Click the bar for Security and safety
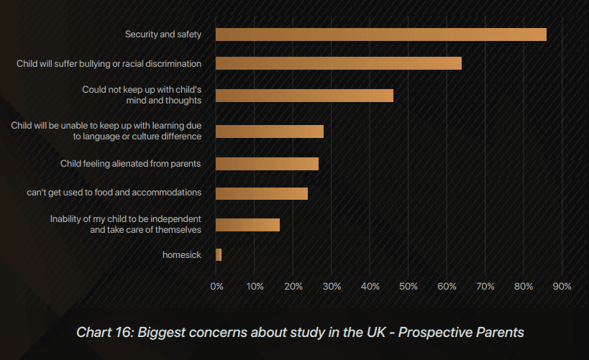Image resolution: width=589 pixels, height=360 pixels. point(380,34)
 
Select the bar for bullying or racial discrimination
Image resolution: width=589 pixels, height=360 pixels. point(338,63)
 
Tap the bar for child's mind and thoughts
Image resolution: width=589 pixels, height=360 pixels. point(304,96)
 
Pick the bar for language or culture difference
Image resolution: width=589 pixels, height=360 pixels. point(270,131)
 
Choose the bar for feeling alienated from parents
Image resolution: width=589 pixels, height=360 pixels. point(267,164)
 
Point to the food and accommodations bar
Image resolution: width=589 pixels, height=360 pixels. point(262,193)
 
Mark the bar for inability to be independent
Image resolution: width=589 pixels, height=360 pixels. point(247,225)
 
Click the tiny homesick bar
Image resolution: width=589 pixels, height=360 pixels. point(219,254)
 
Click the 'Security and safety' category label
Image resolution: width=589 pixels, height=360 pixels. point(163,34)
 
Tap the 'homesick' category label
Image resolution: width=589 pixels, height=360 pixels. point(182,255)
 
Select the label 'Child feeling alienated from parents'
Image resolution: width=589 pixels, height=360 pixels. point(130,164)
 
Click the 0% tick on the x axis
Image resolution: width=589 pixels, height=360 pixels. point(216,287)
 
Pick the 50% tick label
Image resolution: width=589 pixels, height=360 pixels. point(408,287)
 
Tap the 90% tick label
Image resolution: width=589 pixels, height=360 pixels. point(562,287)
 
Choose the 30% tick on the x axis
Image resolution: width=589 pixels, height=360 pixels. point(332,287)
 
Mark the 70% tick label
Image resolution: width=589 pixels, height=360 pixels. point(485,287)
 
